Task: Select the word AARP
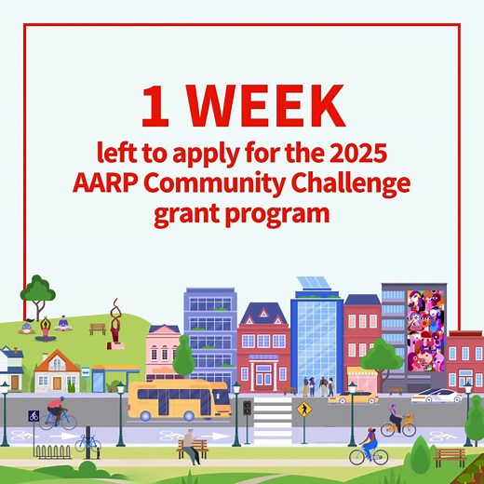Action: (x=104, y=181)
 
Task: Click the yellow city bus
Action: (x=179, y=399)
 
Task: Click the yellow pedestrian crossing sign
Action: (x=302, y=409)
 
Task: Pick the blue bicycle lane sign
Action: (x=33, y=416)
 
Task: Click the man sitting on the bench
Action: (x=191, y=445)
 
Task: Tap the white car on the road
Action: (x=437, y=397)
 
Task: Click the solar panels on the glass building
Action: (x=316, y=283)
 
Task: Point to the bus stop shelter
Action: (x=110, y=377)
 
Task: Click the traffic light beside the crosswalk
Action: (x=247, y=410)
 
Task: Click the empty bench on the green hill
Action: (x=97, y=328)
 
